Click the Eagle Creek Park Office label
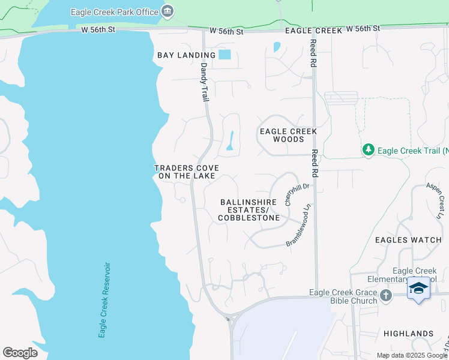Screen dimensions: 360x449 [x=115, y=12]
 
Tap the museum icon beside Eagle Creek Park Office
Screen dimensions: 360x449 [x=167, y=11]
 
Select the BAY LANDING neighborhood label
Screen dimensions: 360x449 [x=186, y=55]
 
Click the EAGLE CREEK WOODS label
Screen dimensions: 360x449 [x=288, y=135]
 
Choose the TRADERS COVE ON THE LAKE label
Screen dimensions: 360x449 [x=186, y=172]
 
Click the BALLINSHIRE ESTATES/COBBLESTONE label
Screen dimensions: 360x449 [x=249, y=210]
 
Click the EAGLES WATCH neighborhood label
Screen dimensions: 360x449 [x=408, y=240]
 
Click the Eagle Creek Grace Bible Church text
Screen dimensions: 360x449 [x=344, y=296]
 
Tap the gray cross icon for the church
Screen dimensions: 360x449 [x=386, y=295]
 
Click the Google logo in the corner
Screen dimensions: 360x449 [x=20, y=352]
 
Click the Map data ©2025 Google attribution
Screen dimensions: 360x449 [x=412, y=355]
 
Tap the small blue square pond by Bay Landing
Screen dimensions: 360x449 [x=224, y=55]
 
